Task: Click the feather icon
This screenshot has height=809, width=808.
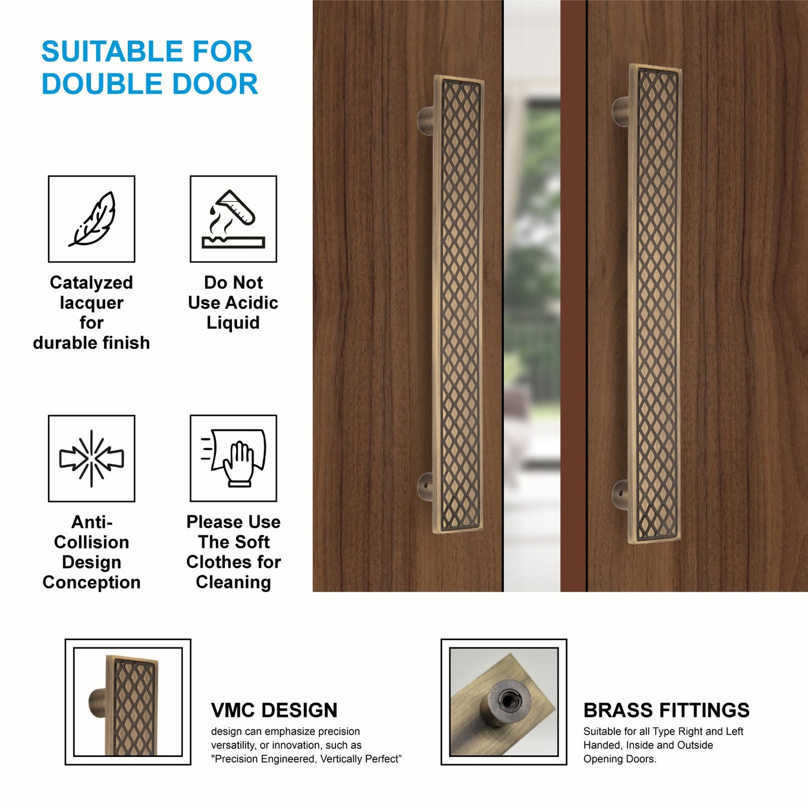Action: [92, 219]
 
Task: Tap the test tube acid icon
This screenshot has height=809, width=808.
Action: [233, 219]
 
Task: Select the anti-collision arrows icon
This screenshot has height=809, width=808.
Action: [92, 458]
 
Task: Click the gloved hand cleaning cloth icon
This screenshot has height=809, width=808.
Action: [233, 458]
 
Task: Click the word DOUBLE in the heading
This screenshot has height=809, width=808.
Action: [98, 84]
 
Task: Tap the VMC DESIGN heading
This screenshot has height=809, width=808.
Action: [274, 710]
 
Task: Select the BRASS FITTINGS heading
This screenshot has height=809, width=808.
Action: [666, 710]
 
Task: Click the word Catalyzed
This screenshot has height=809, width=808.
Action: [91, 283]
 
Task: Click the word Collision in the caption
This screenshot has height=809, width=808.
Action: [91, 542]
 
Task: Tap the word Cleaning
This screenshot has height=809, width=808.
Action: [233, 582]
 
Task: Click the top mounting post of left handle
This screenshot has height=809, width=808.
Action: [426, 121]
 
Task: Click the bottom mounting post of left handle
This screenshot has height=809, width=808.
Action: [426, 486]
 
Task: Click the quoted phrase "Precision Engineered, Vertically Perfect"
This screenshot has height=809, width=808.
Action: [306, 759]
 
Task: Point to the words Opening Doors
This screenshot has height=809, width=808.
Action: [620, 759]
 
